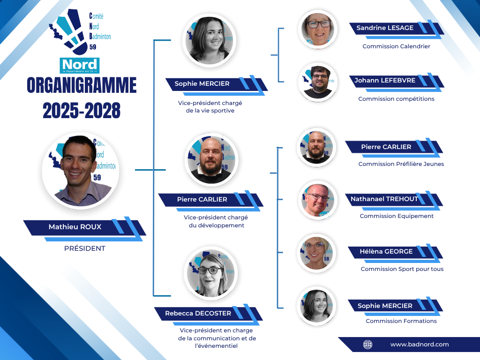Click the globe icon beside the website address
(367, 345)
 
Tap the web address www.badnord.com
(420, 345)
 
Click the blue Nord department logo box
(80, 66)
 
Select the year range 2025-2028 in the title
(82, 111)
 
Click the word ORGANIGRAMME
(82, 85)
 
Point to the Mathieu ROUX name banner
(85, 228)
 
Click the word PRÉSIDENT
(85, 248)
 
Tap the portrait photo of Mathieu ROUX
(81, 171)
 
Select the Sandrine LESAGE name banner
(397, 30)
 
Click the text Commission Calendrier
(397, 46)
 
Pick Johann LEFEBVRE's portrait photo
(318, 82)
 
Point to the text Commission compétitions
(397, 99)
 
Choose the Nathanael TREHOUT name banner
(394, 201)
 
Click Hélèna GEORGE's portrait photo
(316, 253)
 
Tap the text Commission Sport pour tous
(402, 269)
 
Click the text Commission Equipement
(397, 216)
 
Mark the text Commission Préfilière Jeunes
(401, 164)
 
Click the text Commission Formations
(401, 321)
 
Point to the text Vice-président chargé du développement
(216, 221)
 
